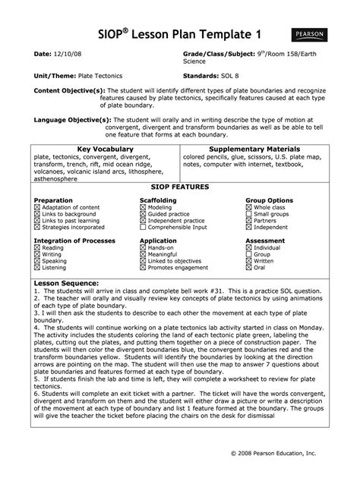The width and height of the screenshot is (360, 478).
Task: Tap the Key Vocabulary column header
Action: tap(101, 149)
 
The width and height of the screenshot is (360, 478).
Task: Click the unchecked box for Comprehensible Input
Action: tap(144, 227)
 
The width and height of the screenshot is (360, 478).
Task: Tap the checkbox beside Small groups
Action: tap(248, 214)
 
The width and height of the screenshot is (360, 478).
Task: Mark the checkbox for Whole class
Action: tap(248, 207)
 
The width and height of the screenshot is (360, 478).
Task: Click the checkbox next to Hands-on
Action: tap(144, 247)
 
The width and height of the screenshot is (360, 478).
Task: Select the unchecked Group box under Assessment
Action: tap(248, 254)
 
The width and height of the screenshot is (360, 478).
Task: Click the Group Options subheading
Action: tap(269, 200)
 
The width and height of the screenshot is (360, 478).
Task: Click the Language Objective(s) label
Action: tap(69, 120)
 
